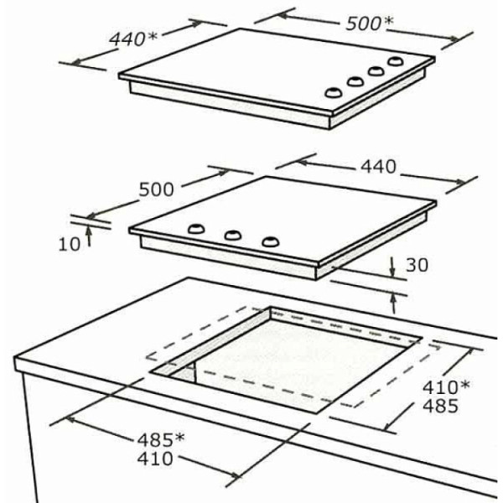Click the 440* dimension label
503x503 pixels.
click(x=133, y=39)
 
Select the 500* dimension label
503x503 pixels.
click(x=369, y=23)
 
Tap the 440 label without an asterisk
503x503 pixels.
click(x=379, y=167)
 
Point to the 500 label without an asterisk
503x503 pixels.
click(x=156, y=189)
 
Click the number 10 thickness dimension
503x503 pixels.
click(x=69, y=244)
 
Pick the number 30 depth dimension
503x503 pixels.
click(x=417, y=265)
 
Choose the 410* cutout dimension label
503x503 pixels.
click(x=446, y=386)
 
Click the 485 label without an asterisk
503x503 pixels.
click(x=440, y=406)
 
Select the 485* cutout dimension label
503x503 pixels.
click(x=161, y=439)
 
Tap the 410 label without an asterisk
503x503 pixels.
click(x=155, y=459)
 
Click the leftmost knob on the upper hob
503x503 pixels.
click(x=334, y=93)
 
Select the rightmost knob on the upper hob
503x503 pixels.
click(x=396, y=61)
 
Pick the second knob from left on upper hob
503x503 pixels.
click(x=355, y=81)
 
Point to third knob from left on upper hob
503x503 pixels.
click(x=376, y=71)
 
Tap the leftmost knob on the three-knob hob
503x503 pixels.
click(x=196, y=228)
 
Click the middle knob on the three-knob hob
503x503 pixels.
click(x=233, y=235)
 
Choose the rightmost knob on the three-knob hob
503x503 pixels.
click(x=271, y=241)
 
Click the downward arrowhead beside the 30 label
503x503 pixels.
click(x=392, y=272)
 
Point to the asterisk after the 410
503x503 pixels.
click(x=464, y=384)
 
